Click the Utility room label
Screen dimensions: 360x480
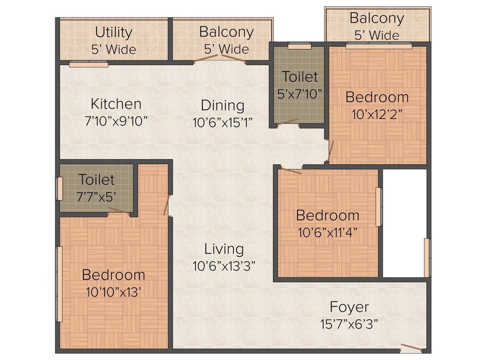pos(113,33)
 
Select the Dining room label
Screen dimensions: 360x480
pos(223,105)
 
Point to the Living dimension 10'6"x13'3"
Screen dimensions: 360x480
pos(224,266)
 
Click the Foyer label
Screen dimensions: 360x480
pos(349,307)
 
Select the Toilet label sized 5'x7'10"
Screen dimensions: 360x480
pos(300,76)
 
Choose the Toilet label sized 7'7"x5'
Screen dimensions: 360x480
pos(96,180)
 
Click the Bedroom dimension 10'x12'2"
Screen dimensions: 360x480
pos(377,114)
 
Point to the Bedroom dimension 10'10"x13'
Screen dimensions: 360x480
pos(113,292)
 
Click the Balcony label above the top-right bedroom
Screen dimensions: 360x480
pos(376,19)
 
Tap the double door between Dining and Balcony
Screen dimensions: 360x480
pos(220,59)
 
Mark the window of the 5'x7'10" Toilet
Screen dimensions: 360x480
pos(300,46)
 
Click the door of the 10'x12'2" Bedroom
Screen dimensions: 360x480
pos(330,149)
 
